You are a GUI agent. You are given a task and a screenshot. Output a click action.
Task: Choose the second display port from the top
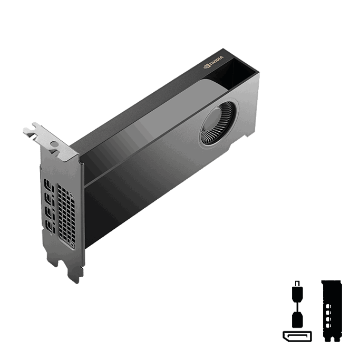(x=48, y=201)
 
